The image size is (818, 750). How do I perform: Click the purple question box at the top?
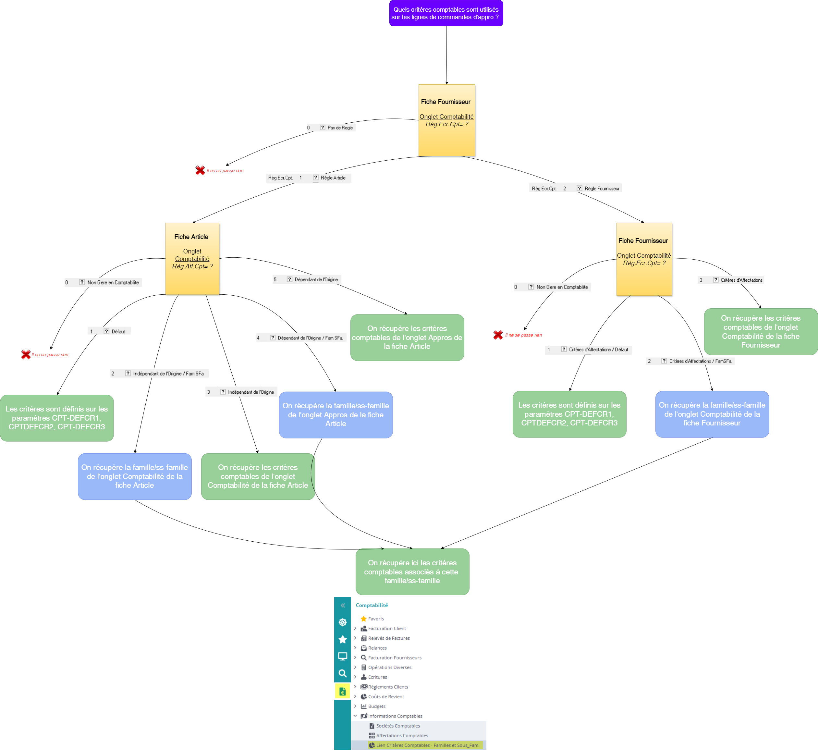[446, 13]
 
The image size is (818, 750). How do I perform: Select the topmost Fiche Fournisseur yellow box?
[446, 120]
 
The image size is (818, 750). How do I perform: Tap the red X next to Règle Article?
[200, 170]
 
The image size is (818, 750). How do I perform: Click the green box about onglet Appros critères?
[407, 337]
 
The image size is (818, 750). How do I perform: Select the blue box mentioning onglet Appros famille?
[336, 414]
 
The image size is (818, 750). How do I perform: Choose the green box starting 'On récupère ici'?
[412, 572]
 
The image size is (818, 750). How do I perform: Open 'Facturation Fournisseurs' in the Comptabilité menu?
[394, 658]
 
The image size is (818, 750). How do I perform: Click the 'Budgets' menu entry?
[376, 706]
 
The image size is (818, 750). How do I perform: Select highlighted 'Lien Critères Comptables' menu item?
[427, 745]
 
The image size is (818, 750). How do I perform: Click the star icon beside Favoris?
[363, 619]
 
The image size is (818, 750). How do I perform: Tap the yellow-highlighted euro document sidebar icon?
[342, 691]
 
